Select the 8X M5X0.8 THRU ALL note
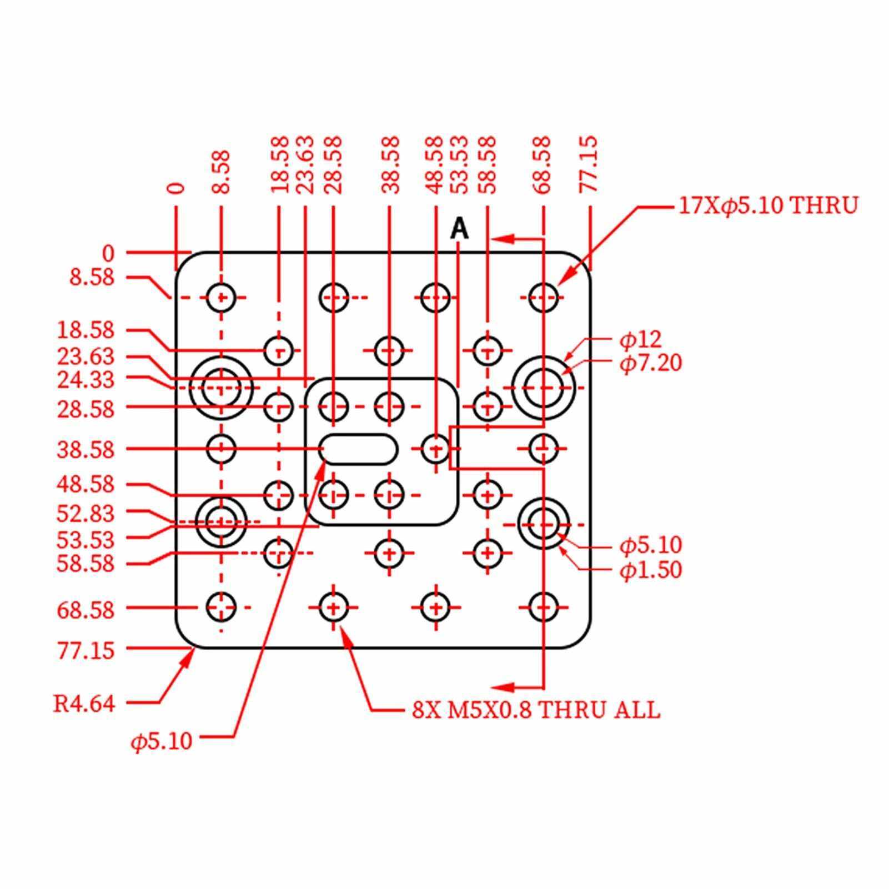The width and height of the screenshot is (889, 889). pos(536,710)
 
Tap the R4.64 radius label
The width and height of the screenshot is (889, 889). pos(84,704)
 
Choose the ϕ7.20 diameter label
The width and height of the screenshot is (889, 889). pos(650,364)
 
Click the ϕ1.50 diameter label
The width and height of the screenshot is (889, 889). pos(650,570)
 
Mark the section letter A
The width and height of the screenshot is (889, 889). pos(459,229)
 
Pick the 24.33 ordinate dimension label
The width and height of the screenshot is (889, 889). pos(86,380)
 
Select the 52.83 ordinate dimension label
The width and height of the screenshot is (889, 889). pos(86,514)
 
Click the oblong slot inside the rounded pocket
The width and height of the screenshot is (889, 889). pos(359,449)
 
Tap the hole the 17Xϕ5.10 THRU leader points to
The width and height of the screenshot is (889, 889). pos(544,298)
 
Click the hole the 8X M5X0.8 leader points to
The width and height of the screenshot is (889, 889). pos(333,607)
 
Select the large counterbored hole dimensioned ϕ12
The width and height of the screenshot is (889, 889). pos(544,387)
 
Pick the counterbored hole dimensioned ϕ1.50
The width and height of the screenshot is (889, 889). pos(544,523)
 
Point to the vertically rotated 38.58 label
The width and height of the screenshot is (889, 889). pos(391,165)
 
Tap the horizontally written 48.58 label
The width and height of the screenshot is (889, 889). pos(86,485)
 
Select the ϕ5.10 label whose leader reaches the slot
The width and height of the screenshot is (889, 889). pos(162,741)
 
